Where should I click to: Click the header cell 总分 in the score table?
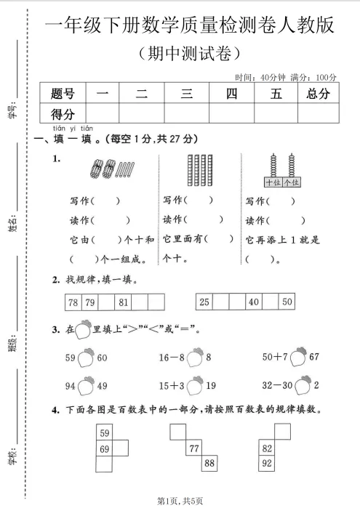(x=319, y=93)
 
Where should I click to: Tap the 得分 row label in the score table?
(x=63, y=113)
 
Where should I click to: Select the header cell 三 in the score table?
(x=186, y=93)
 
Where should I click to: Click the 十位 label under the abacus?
(x=273, y=182)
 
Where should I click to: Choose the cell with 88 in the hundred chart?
(x=209, y=463)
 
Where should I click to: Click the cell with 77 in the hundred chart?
(x=194, y=449)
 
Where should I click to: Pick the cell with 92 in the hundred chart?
(x=267, y=463)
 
